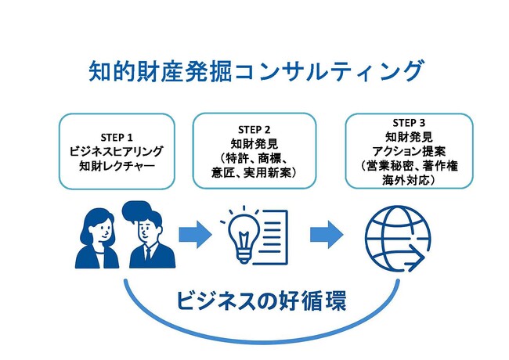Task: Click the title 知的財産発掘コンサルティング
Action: click(255, 71)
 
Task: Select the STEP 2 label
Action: click(254, 129)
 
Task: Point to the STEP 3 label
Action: click(410, 123)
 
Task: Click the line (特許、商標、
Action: click(254, 158)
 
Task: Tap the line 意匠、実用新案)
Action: click(254, 172)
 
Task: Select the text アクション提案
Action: click(410, 151)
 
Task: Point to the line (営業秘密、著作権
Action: click(410, 166)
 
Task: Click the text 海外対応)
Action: click(410, 180)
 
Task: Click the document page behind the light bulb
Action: click(271, 236)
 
